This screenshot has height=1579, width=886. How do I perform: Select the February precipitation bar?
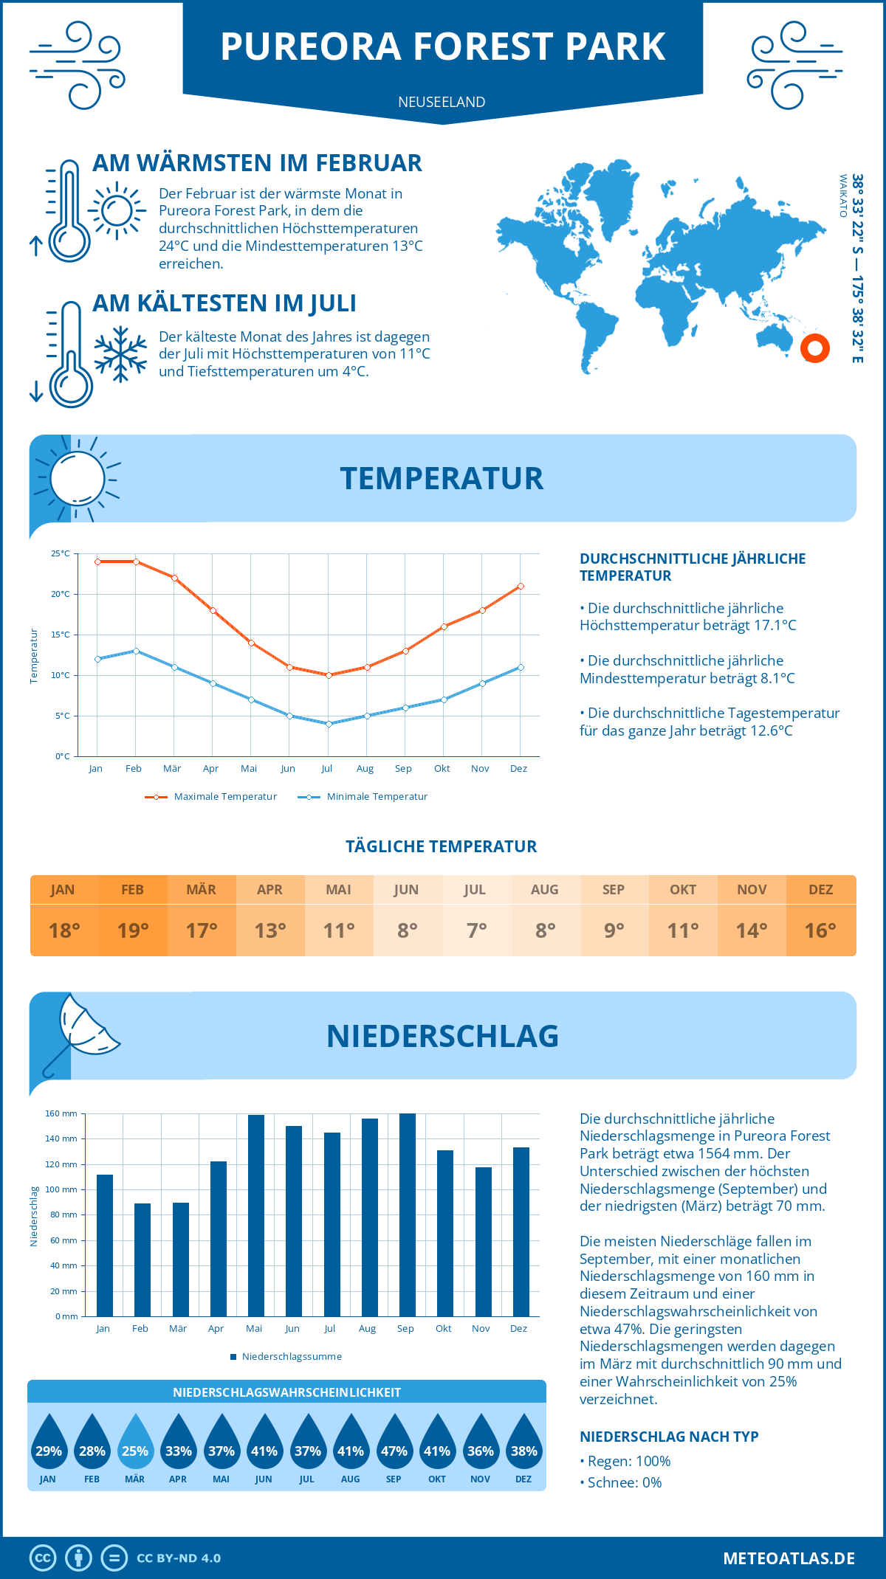(142, 1260)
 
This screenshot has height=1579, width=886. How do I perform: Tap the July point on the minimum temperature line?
(329, 724)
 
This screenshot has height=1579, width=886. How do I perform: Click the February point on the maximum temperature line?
(136, 562)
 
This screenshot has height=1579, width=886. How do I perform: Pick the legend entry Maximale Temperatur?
(211, 797)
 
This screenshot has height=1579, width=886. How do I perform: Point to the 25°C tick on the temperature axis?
(61, 553)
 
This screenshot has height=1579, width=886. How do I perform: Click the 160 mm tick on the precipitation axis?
(62, 1113)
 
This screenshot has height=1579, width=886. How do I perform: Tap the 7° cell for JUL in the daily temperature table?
(476, 930)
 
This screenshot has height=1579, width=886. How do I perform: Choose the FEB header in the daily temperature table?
(132, 890)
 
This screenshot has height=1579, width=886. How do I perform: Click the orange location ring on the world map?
(815, 348)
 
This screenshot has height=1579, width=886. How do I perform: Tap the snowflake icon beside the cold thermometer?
(120, 354)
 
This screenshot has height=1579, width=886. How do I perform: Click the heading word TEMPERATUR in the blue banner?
(442, 478)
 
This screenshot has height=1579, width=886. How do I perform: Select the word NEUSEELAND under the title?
(442, 102)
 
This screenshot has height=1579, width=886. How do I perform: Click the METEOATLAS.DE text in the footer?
(789, 1558)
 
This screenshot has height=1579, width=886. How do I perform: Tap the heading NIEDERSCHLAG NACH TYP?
(668, 1437)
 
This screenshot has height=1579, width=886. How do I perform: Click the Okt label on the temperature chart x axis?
(442, 769)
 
